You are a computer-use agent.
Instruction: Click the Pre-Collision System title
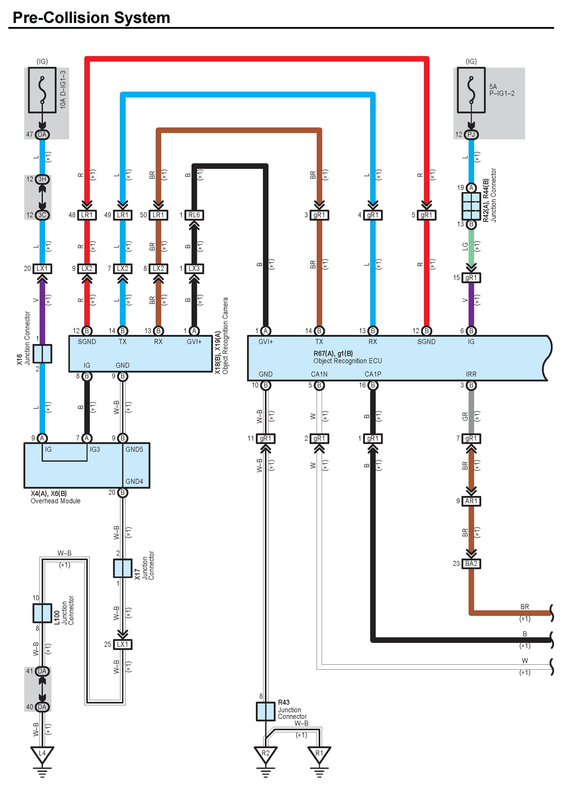click(x=91, y=18)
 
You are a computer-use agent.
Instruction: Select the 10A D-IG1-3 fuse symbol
click(x=42, y=90)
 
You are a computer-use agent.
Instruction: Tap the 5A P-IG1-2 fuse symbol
click(x=471, y=90)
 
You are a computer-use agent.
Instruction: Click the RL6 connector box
click(x=194, y=215)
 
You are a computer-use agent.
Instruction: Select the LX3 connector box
click(x=194, y=269)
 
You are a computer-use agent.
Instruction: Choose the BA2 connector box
click(x=471, y=564)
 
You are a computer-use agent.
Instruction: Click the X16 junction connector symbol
click(x=42, y=353)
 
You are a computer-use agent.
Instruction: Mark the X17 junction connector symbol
click(x=123, y=568)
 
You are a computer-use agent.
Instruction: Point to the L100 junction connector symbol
click(x=42, y=613)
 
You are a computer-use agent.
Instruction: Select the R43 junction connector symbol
click(x=265, y=711)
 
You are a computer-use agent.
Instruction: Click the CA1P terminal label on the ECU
click(x=373, y=374)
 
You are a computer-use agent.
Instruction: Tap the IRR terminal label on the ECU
click(x=471, y=374)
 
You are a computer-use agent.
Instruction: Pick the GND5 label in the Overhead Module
click(x=134, y=450)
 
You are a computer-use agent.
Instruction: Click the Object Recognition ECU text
click(x=348, y=361)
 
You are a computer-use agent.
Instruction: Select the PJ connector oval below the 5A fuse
click(x=471, y=134)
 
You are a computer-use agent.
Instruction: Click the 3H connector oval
click(x=42, y=179)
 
